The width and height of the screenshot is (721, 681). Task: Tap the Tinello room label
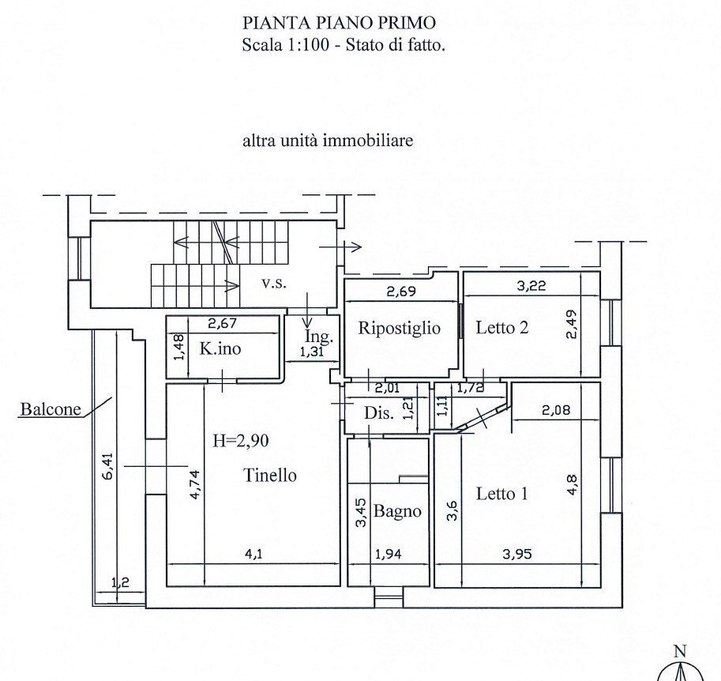click(x=270, y=476)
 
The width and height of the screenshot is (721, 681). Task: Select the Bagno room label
click(x=397, y=511)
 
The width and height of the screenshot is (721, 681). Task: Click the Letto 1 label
click(x=502, y=494)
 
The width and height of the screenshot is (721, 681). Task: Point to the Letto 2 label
click(x=501, y=328)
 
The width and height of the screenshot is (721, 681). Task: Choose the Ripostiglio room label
click(x=399, y=328)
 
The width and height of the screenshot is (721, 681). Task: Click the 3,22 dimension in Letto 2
click(x=531, y=287)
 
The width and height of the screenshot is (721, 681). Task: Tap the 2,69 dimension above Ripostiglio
click(x=401, y=292)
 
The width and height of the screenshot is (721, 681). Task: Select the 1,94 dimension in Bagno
click(x=388, y=555)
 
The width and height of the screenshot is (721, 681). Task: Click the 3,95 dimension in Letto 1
click(x=516, y=555)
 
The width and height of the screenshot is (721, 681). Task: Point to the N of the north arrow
click(x=678, y=652)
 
